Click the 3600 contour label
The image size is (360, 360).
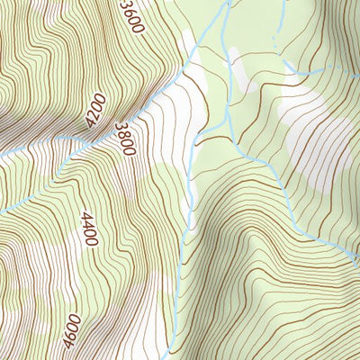pyautogui.click(x=131, y=16)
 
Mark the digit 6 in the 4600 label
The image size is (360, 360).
pyautogui.click(x=74, y=325)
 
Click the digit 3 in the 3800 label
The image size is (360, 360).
pyautogui.click(x=116, y=129)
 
